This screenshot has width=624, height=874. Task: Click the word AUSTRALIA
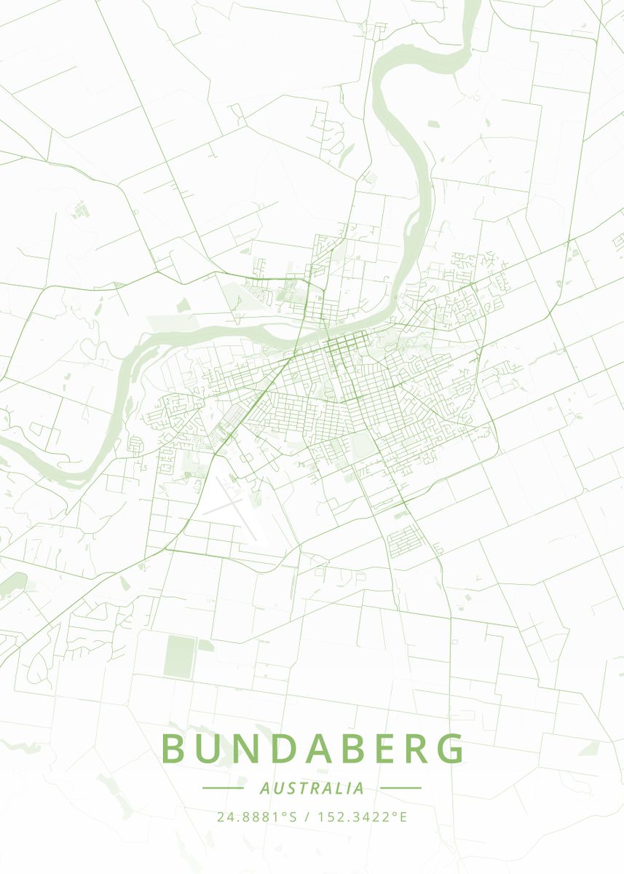[312, 788]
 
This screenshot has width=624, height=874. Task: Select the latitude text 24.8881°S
[257, 816]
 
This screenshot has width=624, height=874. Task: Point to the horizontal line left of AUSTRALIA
[223, 788]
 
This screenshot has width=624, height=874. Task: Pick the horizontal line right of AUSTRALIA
[400, 788]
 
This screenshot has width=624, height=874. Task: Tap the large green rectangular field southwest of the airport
[179, 655]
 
